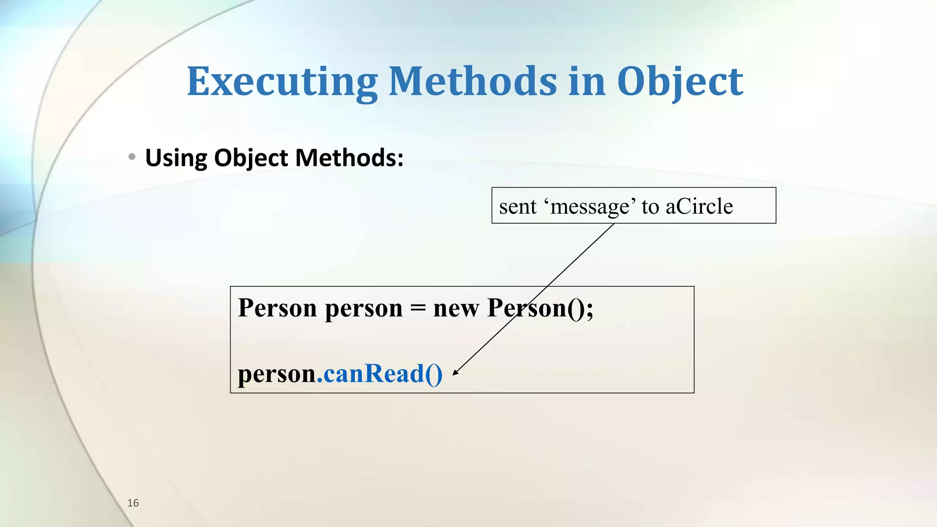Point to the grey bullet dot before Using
tap(132, 157)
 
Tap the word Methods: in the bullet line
tap(349, 158)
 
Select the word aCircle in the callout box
tap(699, 206)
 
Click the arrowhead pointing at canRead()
tap(455, 372)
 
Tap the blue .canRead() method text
tap(380, 374)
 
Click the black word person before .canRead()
tap(277, 374)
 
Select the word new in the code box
tap(456, 308)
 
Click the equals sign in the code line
tap(418, 308)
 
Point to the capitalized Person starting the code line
tap(277, 308)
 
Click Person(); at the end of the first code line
tap(540, 308)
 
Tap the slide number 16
tap(133, 503)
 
